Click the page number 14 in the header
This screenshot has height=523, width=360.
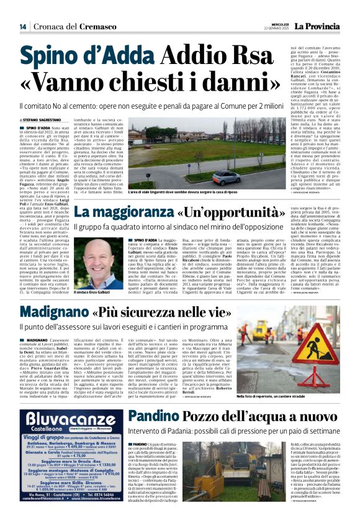[x=22, y=26]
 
